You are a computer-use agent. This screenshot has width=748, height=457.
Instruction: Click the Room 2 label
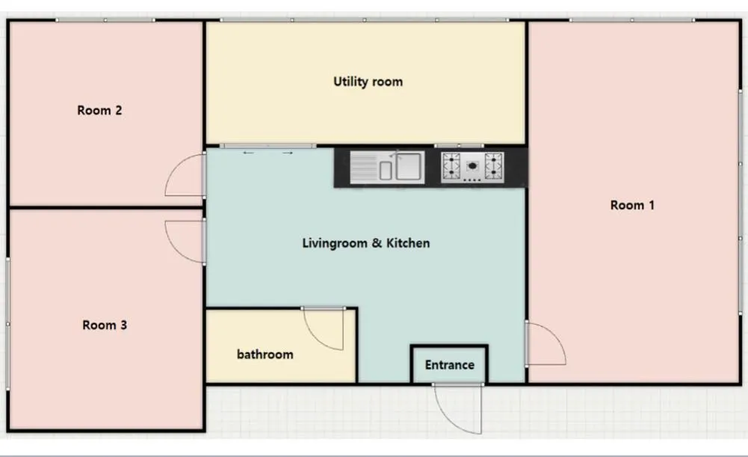tap(99, 110)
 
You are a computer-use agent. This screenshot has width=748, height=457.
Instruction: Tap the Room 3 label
tap(105, 325)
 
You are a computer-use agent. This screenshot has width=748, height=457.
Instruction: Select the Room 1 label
tap(632, 206)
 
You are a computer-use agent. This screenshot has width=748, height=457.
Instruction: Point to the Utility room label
tap(368, 82)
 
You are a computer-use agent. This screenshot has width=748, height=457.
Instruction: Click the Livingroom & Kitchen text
tap(366, 243)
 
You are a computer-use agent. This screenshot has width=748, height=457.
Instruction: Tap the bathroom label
tap(265, 355)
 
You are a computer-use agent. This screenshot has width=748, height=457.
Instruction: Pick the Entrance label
tap(449, 365)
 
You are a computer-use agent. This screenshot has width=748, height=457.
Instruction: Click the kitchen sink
tap(387, 167)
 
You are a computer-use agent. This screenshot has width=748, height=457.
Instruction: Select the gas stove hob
tap(472, 167)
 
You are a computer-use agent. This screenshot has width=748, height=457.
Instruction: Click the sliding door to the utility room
tap(268, 146)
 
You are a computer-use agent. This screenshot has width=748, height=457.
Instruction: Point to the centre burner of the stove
tap(472, 166)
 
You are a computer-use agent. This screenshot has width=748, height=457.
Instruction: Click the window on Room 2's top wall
tap(105, 20)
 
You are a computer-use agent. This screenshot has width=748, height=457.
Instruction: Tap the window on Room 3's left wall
tap(7, 325)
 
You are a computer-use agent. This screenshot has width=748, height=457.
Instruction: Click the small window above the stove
tap(459, 146)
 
